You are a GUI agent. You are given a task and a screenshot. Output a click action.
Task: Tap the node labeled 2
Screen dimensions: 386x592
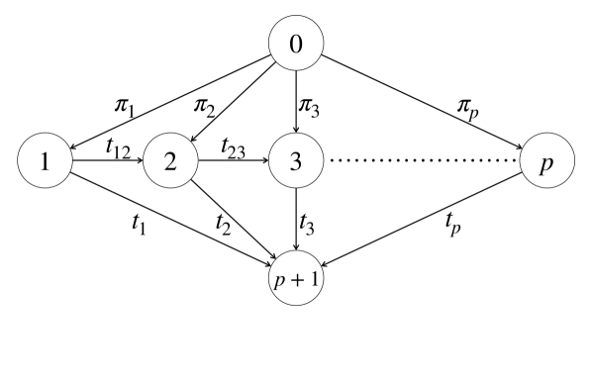(172, 160)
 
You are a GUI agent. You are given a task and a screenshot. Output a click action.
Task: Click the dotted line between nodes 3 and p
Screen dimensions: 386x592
(424, 160)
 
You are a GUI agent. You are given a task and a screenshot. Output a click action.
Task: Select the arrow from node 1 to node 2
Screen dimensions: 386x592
(109, 160)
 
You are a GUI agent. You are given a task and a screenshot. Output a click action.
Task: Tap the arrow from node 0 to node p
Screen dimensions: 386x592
(426, 104)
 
